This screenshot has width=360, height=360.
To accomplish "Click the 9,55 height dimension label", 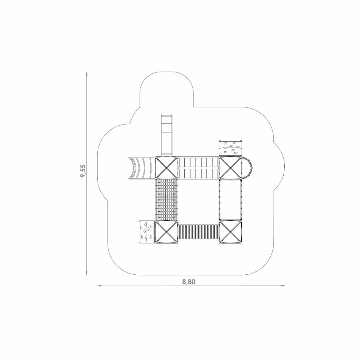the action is pyautogui.click(x=83, y=171).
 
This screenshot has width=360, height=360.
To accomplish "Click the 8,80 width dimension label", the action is pyautogui.click(x=189, y=282).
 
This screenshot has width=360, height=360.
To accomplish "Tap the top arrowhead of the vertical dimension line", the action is pyautogui.click(x=86, y=74).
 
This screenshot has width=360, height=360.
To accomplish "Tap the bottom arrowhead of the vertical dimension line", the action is pyautogui.click(x=86, y=273).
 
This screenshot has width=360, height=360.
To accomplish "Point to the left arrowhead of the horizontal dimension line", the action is pyautogui.click(x=100, y=286).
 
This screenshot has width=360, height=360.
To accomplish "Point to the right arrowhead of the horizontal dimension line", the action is pyautogui.click(x=283, y=286).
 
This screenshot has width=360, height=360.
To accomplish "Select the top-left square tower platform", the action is pyautogui.click(x=167, y=167).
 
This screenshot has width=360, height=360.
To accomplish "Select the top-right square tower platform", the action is pyautogui.click(x=230, y=167).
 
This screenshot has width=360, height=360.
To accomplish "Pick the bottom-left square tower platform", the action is pyautogui.click(x=167, y=232).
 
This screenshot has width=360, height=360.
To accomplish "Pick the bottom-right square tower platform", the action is pyautogui.click(x=230, y=232).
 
